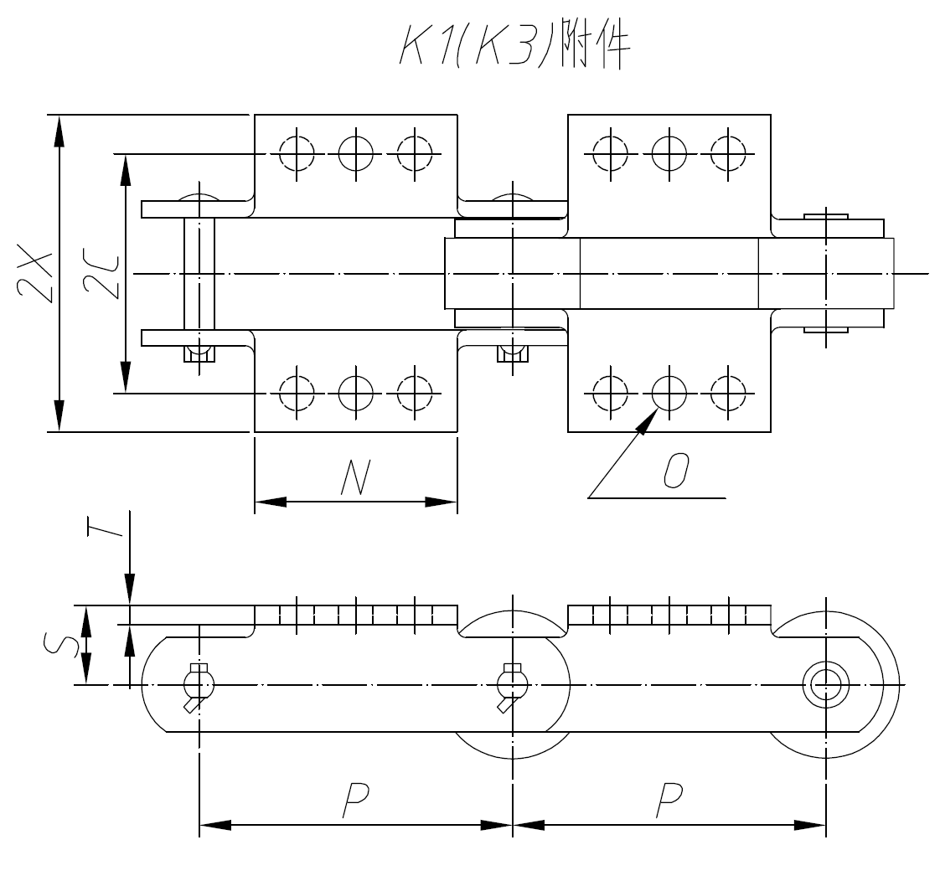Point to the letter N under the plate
(x=356, y=479)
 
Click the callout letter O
(x=675, y=471)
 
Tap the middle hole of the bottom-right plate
(x=669, y=390)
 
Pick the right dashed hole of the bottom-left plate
(x=415, y=390)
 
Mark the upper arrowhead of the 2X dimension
(x=58, y=131)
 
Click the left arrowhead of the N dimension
(x=270, y=502)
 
